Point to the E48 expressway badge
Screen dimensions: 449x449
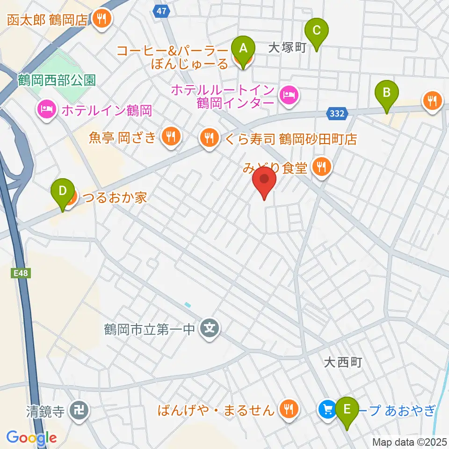pos(20,273)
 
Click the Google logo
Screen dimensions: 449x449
pos(31,438)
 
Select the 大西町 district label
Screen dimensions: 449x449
pos(343,362)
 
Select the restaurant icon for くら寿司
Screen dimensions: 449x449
pos(208,138)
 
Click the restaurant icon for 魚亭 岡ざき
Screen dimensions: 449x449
pos(169,137)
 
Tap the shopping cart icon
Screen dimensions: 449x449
pos(326,410)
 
